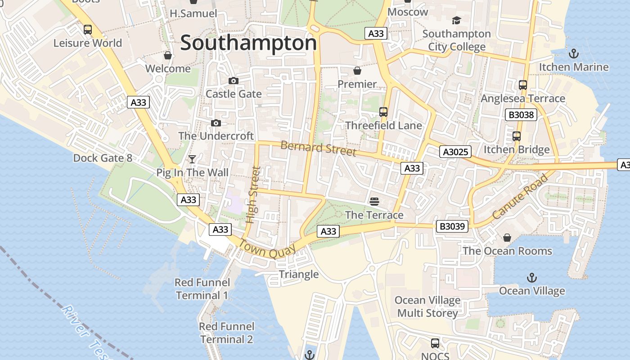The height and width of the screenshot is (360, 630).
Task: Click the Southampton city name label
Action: [x=248, y=43]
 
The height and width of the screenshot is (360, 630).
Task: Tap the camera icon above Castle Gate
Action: [x=234, y=81]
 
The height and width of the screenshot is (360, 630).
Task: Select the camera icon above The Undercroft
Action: [x=216, y=123]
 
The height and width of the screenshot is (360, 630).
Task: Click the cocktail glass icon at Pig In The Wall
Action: [x=192, y=159]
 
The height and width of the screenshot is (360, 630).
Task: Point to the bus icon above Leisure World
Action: [x=88, y=30]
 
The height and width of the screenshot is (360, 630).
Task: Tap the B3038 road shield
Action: [x=521, y=115]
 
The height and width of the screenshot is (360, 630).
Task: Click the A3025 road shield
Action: [x=455, y=152]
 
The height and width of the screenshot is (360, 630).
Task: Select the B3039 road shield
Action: [x=452, y=226]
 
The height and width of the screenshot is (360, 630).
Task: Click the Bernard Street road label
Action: [x=318, y=148]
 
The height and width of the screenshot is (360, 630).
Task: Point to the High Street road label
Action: [x=253, y=195]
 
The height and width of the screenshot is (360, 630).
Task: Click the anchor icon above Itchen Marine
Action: [x=574, y=54]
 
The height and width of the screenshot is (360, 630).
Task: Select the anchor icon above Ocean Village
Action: [x=532, y=277]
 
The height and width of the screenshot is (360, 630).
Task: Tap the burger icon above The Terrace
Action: [x=374, y=201]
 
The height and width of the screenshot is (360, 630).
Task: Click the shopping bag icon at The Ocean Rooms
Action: [x=507, y=237]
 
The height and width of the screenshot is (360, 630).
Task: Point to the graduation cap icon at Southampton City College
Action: [x=456, y=21]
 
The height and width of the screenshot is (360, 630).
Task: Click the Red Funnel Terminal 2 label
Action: [x=226, y=333]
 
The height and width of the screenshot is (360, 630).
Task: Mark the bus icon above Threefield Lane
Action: [x=383, y=112]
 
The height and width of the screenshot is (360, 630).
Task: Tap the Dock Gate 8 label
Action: [x=103, y=158]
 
